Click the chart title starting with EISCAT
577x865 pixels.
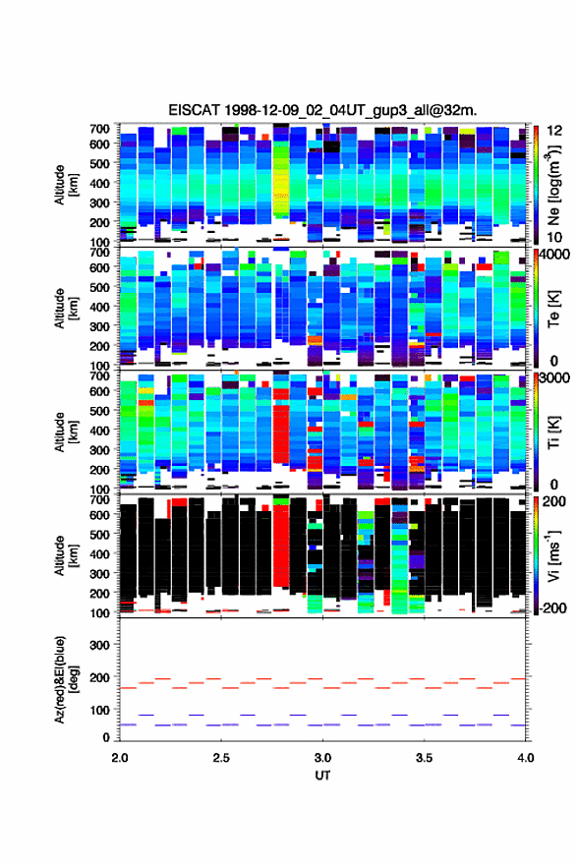322,110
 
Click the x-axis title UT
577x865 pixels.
322,776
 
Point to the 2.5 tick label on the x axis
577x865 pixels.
221,758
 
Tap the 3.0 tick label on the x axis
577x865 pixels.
322,758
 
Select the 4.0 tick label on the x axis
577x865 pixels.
526,758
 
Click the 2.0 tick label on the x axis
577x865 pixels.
120,758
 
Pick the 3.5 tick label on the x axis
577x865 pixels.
425,758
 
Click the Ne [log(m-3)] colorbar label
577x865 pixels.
553,185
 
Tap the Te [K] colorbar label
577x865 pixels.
553,309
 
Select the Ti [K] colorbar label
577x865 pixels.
553,432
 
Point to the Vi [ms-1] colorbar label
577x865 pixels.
553,555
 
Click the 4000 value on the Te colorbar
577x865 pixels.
555,256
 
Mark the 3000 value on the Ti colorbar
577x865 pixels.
555,378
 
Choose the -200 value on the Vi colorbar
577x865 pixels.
552,607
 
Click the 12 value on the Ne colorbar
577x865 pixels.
554,131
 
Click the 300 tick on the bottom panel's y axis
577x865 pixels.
99,645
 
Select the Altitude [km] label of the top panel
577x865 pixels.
67,185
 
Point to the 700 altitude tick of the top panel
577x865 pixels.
99,129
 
